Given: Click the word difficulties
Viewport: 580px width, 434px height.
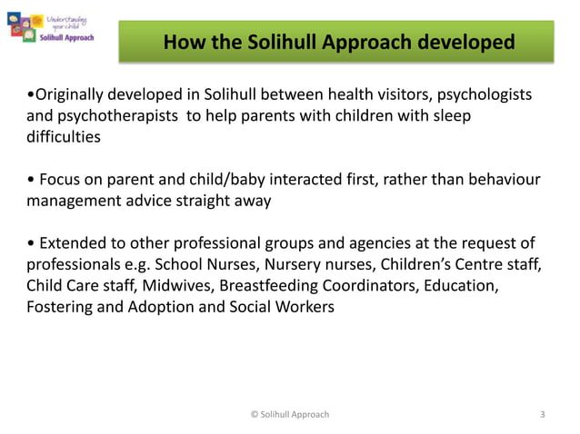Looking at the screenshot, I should [x=64, y=138].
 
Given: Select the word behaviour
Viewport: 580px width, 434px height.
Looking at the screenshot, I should [x=501, y=180].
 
